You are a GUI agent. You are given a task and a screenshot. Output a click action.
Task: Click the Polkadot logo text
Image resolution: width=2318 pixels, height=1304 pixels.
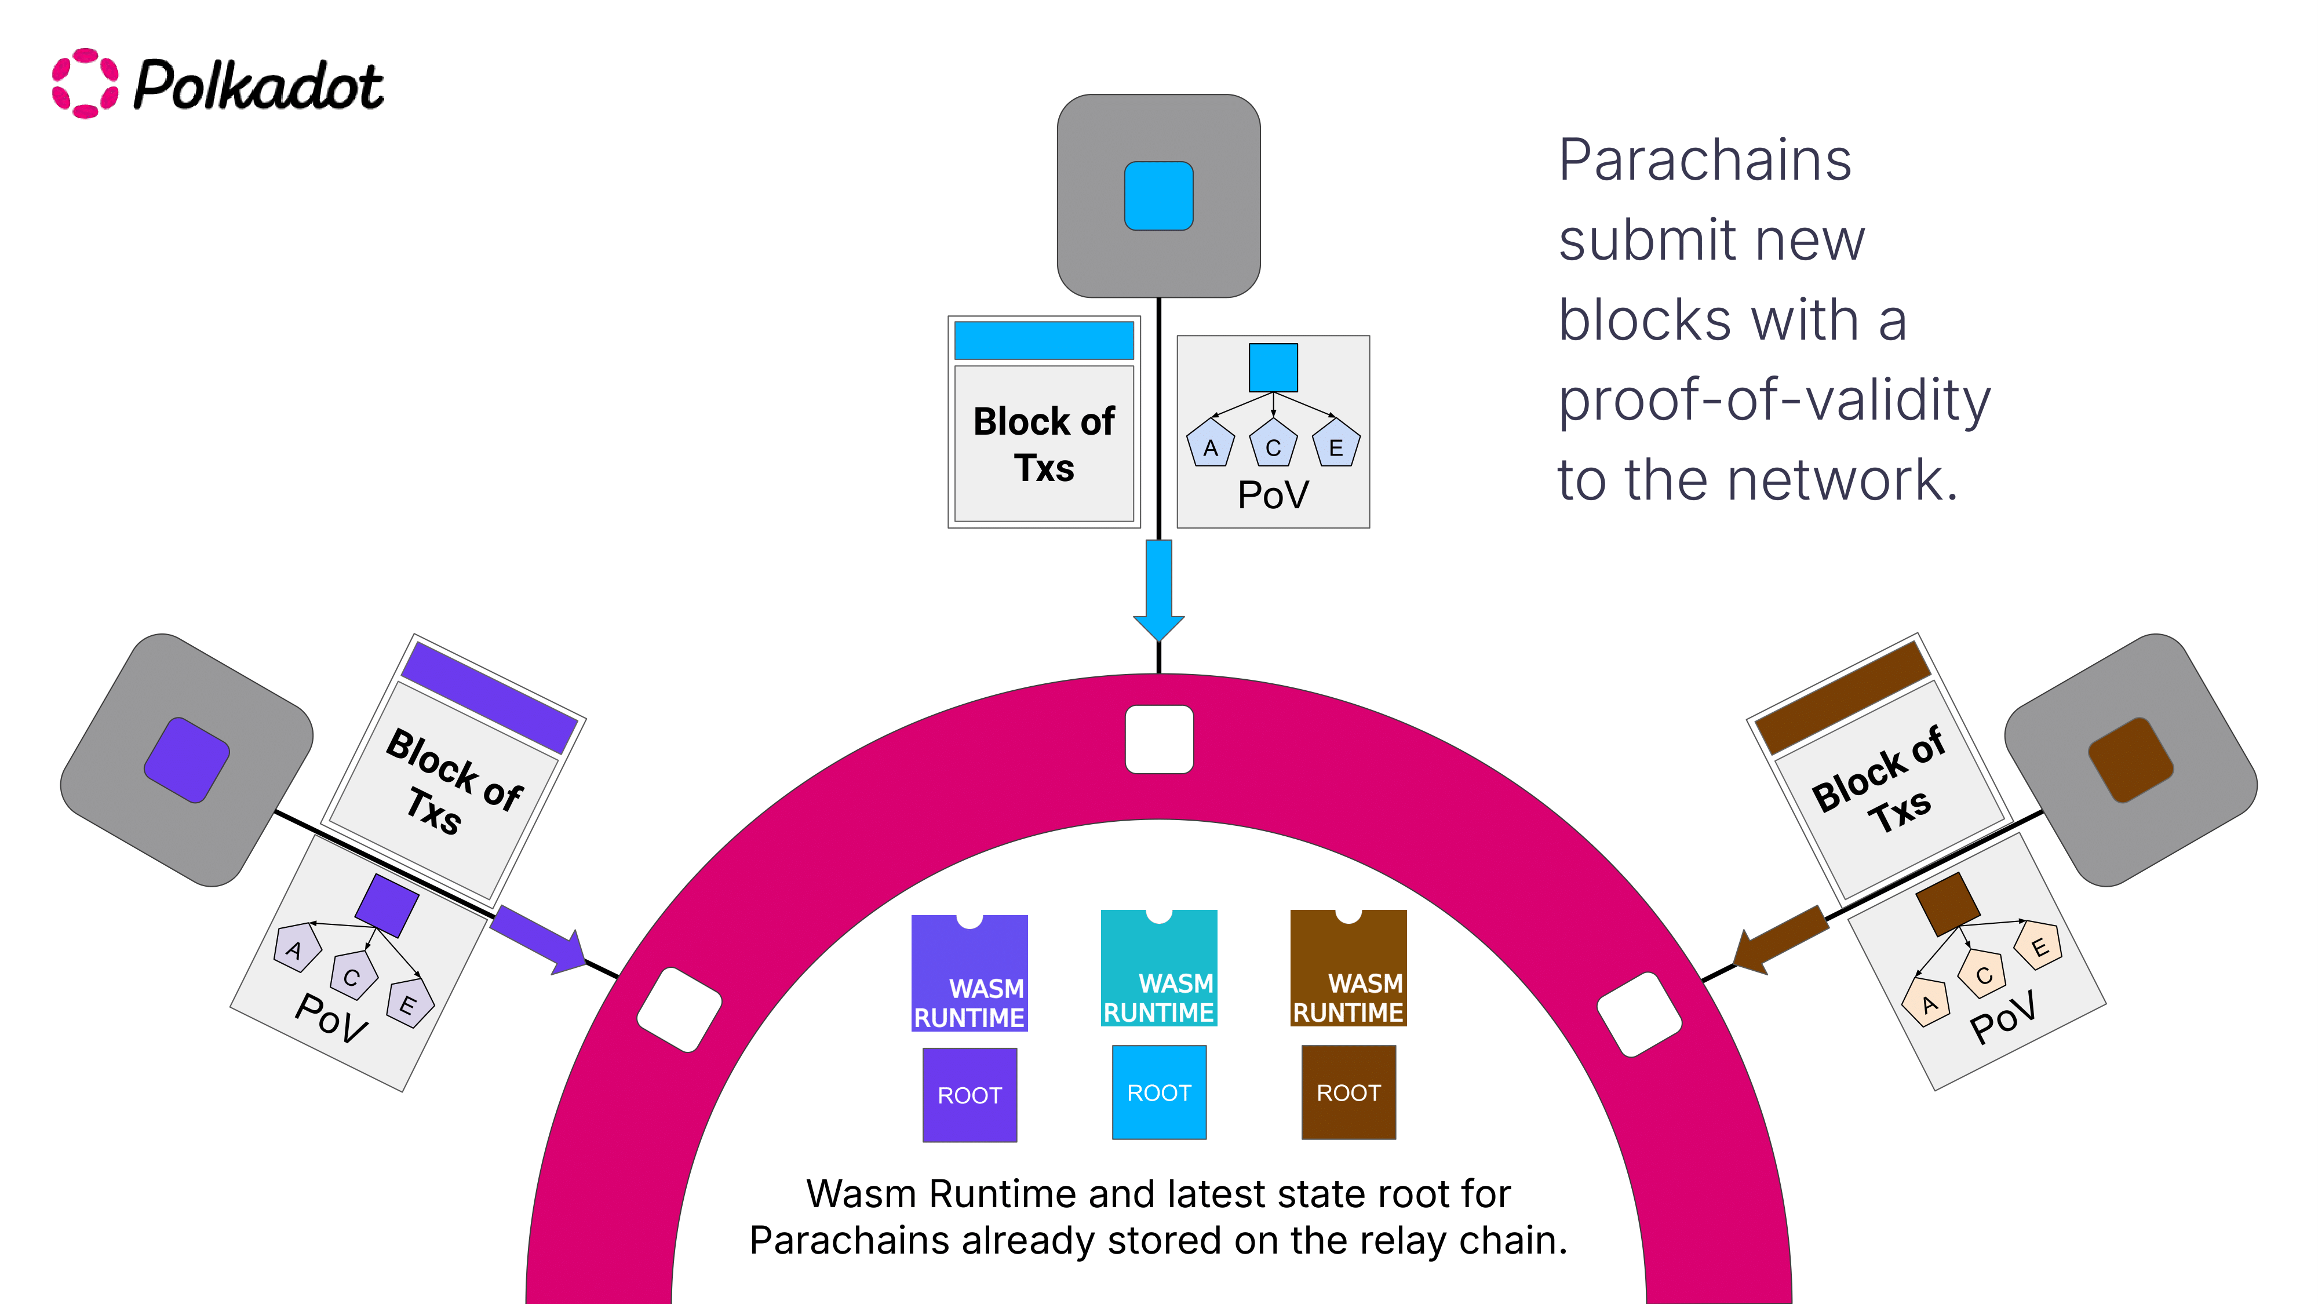click(x=258, y=86)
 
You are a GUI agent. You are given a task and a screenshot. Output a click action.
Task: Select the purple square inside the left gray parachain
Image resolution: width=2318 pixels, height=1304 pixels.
click(x=187, y=760)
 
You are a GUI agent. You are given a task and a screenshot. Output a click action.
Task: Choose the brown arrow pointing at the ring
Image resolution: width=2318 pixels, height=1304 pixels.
click(x=1780, y=939)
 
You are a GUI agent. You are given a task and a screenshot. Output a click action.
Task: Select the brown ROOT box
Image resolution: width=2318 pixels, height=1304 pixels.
click(x=1348, y=1092)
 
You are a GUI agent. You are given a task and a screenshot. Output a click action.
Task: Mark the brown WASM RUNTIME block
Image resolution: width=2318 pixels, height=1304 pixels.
click(x=1348, y=968)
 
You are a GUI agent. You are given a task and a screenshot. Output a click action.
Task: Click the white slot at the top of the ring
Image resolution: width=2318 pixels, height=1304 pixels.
click(x=1159, y=739)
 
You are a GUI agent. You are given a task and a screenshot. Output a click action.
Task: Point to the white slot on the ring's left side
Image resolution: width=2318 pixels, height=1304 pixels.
click(x=679, y=1010)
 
